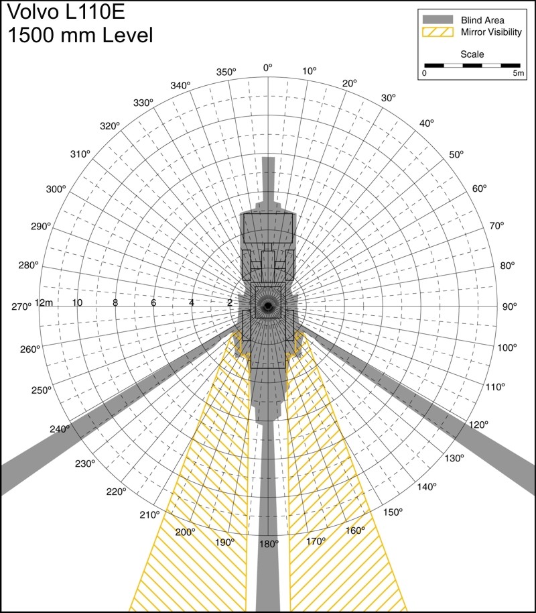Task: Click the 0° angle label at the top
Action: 267,68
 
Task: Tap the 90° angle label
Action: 509,306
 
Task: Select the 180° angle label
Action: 269,544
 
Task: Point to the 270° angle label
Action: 21,306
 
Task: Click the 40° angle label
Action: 427,123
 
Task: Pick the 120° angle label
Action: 478,425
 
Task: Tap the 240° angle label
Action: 60,429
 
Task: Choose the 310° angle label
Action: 80,154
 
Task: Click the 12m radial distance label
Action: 44,302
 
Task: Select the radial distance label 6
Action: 153,302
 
